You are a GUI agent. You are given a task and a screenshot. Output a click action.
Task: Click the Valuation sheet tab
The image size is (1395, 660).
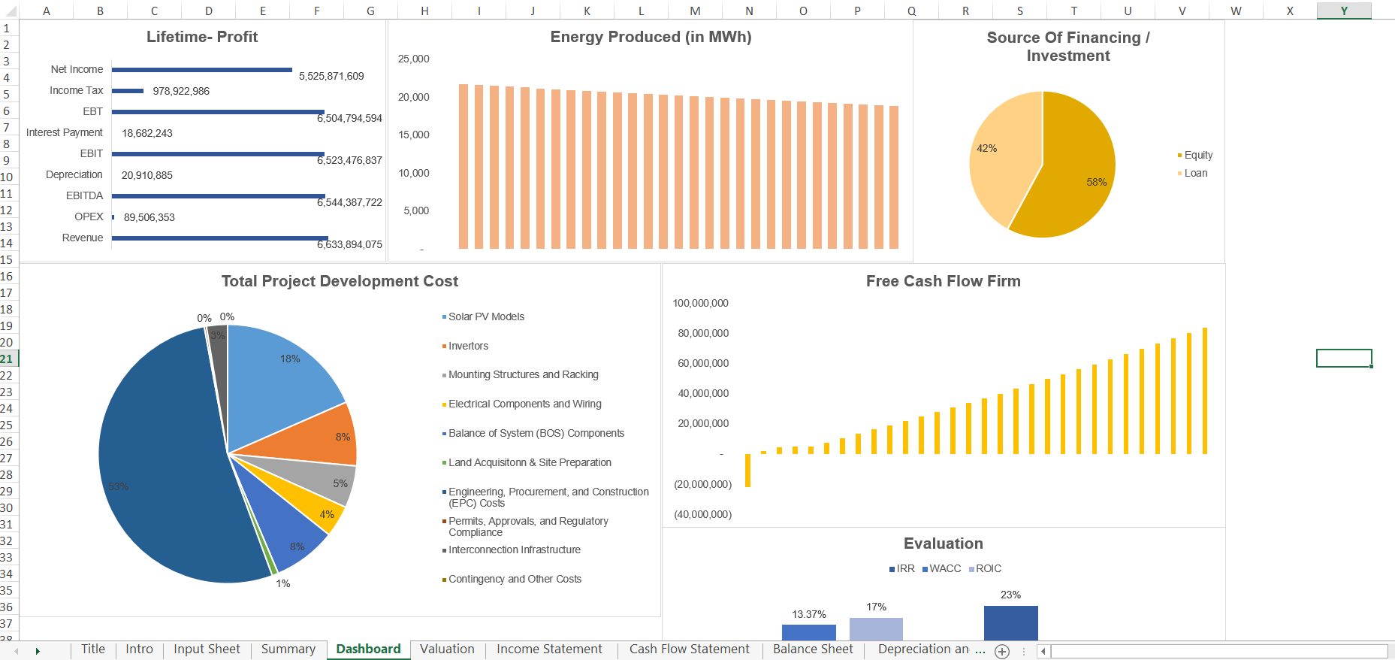tap(447, 649)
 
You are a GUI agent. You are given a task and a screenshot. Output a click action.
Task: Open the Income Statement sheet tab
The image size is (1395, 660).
tap(549, 649)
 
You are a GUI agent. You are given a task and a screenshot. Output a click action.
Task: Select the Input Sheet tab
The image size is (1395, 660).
tap(207, 649)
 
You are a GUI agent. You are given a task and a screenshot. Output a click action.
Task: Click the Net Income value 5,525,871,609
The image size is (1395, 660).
tap(331, 77)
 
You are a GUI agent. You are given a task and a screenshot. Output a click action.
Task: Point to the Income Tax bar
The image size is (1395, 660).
tap(128, 91)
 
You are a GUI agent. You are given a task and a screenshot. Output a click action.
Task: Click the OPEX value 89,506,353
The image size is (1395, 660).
tap(149, 218)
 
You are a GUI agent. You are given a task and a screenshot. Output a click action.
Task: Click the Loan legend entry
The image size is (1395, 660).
tap(1195, 174)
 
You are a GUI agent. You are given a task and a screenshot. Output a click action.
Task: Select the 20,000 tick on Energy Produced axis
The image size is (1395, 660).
tap(413, 98)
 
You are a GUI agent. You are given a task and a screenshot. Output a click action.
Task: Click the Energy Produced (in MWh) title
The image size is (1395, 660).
tap(651, 38)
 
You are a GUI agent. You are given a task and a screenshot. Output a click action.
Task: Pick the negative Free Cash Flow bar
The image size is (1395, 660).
tap(747, 471)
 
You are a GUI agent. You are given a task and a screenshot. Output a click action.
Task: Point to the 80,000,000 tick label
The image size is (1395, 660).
tap(703, 334)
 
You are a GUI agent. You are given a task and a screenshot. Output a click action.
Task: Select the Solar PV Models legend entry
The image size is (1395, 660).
tap(486, 317)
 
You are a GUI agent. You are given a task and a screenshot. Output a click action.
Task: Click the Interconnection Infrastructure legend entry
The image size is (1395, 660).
tap(514, 550)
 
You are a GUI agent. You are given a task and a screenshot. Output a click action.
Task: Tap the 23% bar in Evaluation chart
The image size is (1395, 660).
tap(1010, 623)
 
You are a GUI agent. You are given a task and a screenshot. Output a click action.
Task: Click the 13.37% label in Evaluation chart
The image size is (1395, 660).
tap(808, 615)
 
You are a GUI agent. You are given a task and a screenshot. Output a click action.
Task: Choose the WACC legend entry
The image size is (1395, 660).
tap(944, 569)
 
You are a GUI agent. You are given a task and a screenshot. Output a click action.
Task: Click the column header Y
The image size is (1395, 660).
tap(1344, 11)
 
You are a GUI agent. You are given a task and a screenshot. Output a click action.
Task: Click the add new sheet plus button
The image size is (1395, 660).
tap(1002, 652)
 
